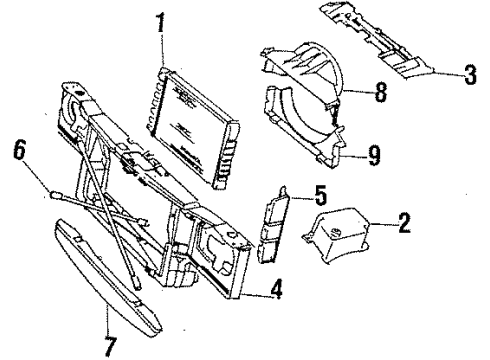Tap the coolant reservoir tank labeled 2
pyautogui.click(x=341, y=236)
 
